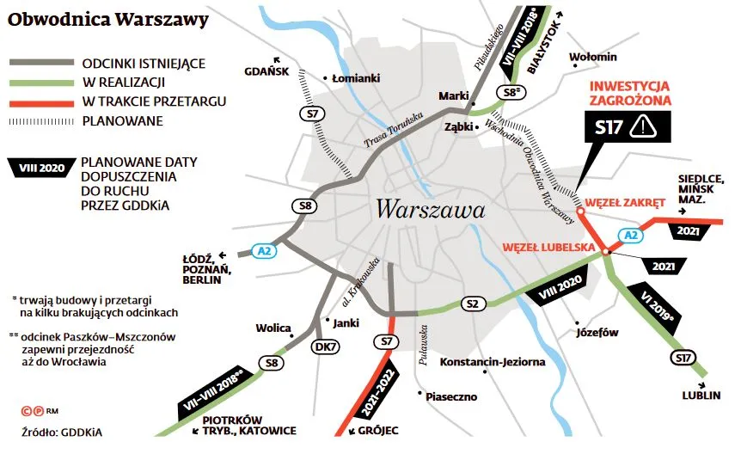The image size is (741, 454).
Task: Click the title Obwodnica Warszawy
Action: click(108, 19)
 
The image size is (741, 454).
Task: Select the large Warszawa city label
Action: click(430, 209)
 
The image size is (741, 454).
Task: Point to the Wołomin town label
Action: click(593, 58)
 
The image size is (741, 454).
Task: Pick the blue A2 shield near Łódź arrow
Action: click(265, 251)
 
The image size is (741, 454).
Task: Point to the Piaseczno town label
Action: click(451, 397)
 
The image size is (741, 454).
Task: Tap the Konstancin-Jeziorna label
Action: click(493, 362)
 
